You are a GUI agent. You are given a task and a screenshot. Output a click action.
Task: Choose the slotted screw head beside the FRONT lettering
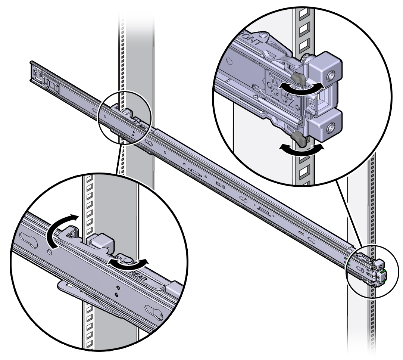point(264,37)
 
